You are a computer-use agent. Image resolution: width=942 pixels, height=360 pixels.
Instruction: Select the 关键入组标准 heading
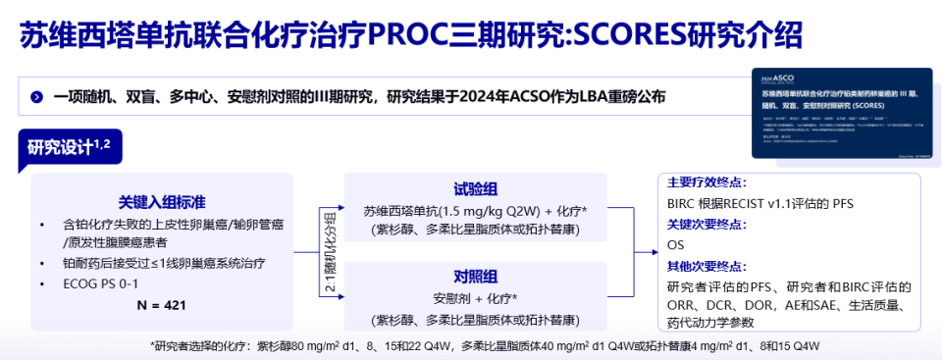click(162, 201)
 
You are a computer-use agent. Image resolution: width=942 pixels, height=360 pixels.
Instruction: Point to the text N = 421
click(162, 305)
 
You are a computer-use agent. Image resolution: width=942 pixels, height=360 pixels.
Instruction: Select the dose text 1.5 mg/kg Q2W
click(497, 211)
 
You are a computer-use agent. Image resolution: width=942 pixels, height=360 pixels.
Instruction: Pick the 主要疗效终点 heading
click(706, 182)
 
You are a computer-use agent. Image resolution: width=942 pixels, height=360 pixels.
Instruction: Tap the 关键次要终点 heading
click(706, 224)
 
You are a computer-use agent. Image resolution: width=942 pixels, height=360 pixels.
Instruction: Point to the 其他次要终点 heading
click(706, 266)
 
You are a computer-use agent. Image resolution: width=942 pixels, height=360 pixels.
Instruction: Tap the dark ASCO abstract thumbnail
click(833, 114)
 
